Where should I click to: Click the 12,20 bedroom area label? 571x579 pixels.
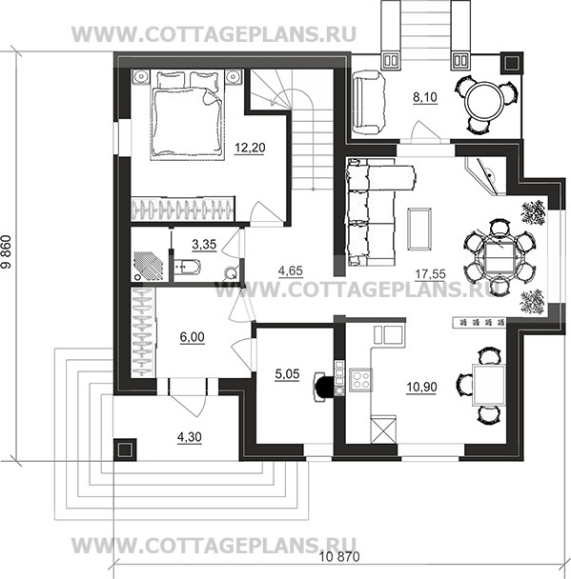click(x=250, y=148)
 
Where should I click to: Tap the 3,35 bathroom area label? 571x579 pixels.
click(x=204, y=244)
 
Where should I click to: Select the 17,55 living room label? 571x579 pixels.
click(x=430, y=274)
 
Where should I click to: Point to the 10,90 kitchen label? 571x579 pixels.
click(x=421, y=387)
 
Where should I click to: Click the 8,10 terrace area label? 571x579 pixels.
click(x=425, y=97)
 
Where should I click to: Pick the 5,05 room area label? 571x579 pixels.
click(x=287, y=374)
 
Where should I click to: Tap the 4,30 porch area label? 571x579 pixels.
click(x=190, y=437)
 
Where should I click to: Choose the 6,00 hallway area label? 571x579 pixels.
click(x=193, y=337)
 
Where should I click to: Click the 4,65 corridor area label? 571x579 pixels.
click(x=291, y=270)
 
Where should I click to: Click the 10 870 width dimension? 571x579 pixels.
click(x=339, y=556)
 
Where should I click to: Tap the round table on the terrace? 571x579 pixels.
click(x=483, y=101)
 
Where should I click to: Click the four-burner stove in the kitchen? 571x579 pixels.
click(x=360, y=380)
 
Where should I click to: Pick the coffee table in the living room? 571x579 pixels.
click(x=419, y=229)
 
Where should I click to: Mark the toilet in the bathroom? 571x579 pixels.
click(x=187, y=267)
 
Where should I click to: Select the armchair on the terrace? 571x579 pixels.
click(x=369, y=104)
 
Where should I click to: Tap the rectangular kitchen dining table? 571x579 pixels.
click(x=489, y=385)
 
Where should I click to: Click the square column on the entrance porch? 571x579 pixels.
click(x=125, y=449)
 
